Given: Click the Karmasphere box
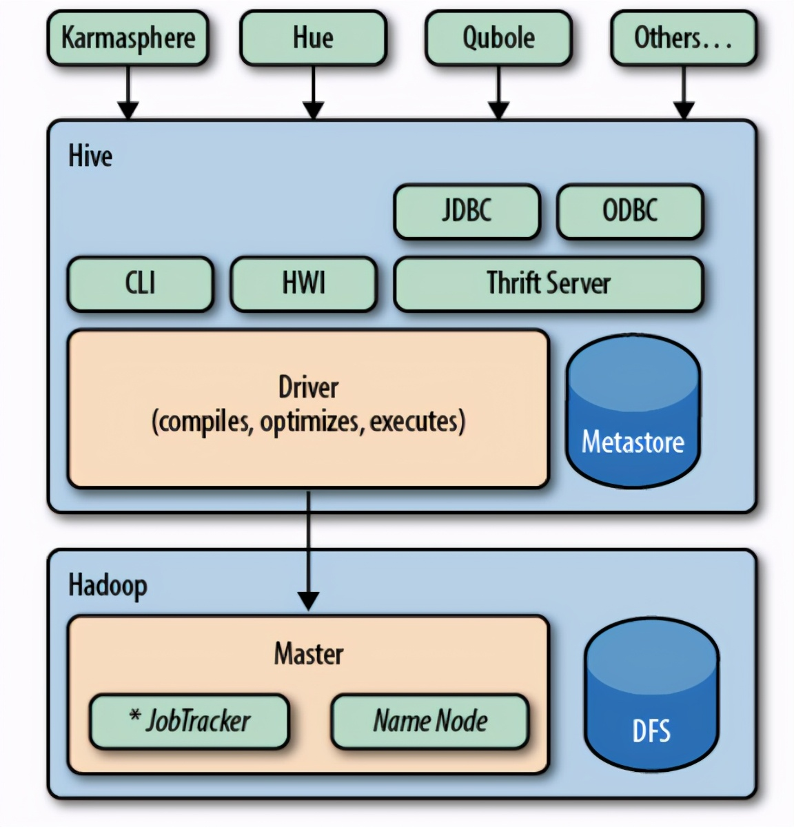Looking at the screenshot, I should point(128,38).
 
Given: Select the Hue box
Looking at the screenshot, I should point(313,38).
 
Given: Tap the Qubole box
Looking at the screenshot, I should point(498,38).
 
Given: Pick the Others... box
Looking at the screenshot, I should point(683,38).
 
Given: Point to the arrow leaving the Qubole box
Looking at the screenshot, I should point(498,86).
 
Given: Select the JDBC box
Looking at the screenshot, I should point(467,211).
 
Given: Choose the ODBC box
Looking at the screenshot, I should point(630,211).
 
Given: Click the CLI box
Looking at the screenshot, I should point(141,283).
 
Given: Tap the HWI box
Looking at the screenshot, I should point(303,283).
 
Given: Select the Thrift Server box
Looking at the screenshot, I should point(549,283).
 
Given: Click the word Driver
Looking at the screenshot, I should point(308,387).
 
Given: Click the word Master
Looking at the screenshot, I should point(308,654).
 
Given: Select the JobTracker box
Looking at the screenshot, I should point(189,722).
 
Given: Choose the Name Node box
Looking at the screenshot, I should point(430,722).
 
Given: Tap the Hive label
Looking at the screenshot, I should point(90,156).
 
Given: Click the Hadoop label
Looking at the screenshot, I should point(108,585).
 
